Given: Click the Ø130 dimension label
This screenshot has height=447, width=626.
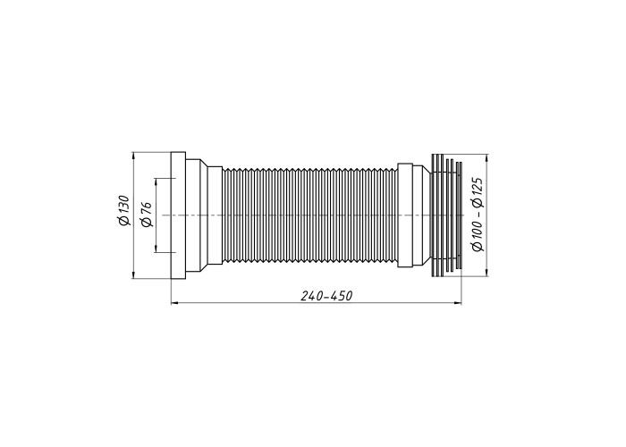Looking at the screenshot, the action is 124,210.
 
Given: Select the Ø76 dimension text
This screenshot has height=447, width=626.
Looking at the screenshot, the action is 147,215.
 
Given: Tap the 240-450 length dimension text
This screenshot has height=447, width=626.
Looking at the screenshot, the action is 327,296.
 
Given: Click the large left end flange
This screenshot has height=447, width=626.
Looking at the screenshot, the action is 178,215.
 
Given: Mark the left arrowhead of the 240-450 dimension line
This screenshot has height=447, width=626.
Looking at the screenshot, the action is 174,304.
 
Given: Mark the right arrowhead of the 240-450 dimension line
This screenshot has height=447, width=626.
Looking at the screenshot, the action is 458,304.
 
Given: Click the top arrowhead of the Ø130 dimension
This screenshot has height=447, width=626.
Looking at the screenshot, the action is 133,156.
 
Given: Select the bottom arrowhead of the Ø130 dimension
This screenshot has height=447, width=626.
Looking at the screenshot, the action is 133,275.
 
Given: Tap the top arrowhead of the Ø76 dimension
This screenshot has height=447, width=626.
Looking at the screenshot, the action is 156,181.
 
